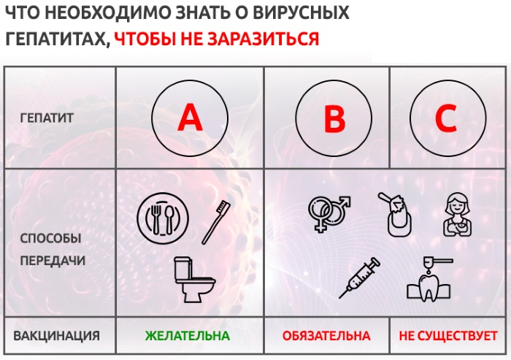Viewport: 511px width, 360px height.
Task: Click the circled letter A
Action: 189,118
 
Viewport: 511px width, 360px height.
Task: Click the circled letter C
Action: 446,118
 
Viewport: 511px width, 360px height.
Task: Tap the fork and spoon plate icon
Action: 163,218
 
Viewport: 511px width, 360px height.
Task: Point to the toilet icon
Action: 192,279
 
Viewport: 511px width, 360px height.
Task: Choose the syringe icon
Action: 360,278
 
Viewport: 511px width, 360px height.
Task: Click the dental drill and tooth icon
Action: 429,280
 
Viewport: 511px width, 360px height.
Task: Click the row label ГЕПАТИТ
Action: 47,117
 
